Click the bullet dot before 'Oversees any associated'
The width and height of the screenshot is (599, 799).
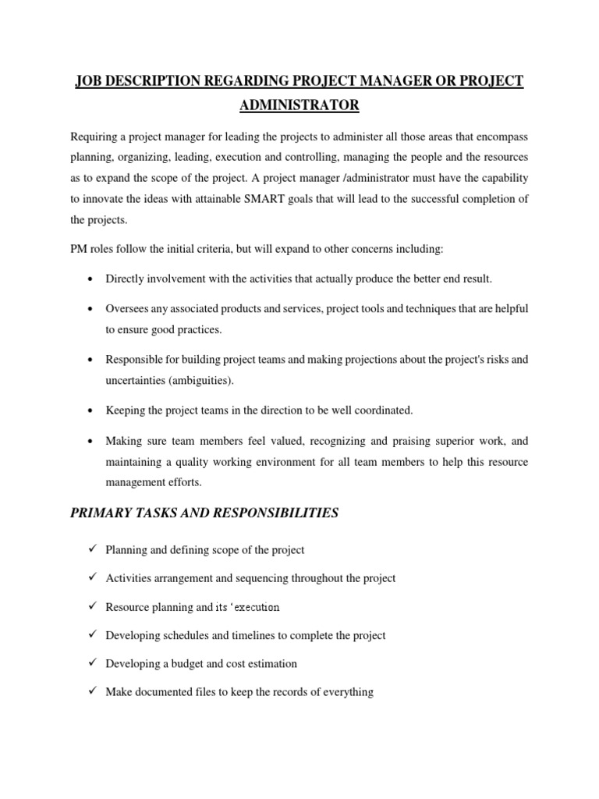tap(93, 309)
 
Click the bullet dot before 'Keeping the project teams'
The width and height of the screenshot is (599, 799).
tap(93, 410)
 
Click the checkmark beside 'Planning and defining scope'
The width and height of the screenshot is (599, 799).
tap(93, 549)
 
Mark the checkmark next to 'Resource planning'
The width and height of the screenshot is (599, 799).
tap(93, 606)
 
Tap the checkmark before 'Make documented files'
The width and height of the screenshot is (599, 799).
tap(93, 691)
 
